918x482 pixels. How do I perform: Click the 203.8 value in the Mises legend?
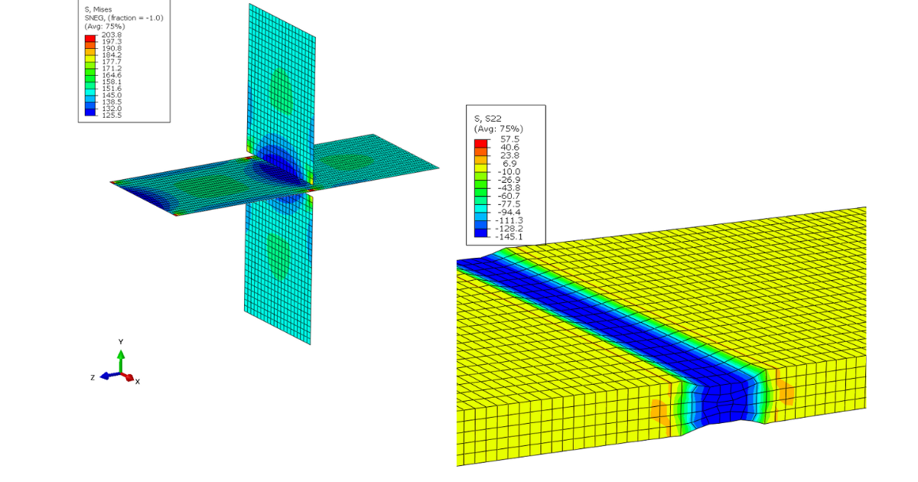pyautogui.click(x=112, y=35)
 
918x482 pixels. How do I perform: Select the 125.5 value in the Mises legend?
pyautogui.click(x=112, y=116)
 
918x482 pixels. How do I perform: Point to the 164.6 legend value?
pyautogui.click(x=112, y=75)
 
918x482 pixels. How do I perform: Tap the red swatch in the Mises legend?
pyautogui.click(x=90, y=38)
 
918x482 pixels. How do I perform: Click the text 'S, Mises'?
pyautogui.click(x=98, y=9)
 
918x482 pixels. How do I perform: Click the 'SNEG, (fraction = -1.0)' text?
pyautogui.click(x=124, y=18)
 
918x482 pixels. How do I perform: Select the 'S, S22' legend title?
pyautogui.click(x=488, y=119)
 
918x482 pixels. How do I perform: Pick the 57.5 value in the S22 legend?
pyautogui.click(x=509, y=139)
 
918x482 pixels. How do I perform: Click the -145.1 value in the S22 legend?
pyautogui.click(x=509, y=237)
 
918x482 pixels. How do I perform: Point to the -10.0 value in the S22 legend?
pyautogui.click(x=509, y=171)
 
